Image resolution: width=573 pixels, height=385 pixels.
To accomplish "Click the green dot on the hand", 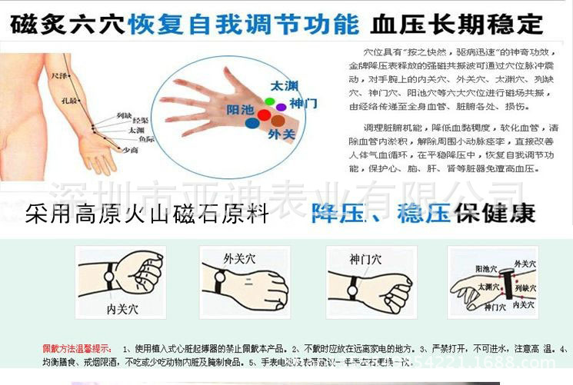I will (x=269, y=101).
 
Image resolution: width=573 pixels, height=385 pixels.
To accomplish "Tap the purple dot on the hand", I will (x=282, y=107).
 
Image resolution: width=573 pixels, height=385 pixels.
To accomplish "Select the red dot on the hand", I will (x=264, y=115).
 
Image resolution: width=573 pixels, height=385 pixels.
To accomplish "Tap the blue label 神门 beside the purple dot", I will (x=302, y=103).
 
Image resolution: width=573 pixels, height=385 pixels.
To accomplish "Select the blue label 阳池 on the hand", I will (x=241, y=110).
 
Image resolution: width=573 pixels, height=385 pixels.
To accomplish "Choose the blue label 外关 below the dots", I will (x=281, y=134).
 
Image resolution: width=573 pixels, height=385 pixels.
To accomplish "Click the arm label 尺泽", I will (x=58, y=78).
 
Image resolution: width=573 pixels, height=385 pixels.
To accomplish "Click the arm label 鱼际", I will (x=146, y=139).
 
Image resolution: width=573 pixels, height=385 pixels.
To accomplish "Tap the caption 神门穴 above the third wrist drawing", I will (x=365, y=259).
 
